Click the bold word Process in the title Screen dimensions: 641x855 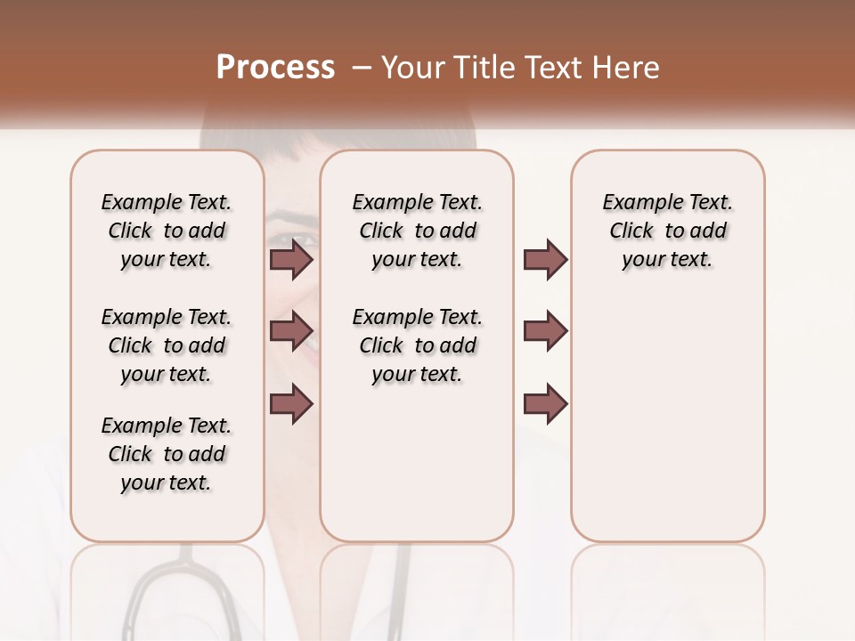[275, 68]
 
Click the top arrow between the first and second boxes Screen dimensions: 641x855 [291, 259]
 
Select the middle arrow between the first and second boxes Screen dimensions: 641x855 [291, 331]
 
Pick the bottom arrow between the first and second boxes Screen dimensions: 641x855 [291, 403]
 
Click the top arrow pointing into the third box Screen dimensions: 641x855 [545, 259]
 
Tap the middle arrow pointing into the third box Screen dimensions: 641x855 [545, 331]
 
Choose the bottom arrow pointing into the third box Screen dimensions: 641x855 [545, 403]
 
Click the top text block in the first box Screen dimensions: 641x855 [167, 231]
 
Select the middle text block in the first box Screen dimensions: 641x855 [167, 345]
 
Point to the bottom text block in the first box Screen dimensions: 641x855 [167, 454]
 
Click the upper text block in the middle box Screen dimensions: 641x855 [417, 231]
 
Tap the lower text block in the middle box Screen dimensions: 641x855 [417, 345]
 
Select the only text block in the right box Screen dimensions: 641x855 [667, 231]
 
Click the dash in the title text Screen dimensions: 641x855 [361, 68]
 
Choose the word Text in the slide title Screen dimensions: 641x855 [550, 68]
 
